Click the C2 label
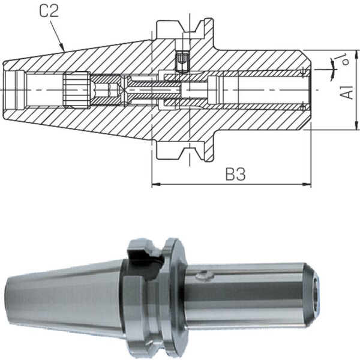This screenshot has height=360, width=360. pos(49,11)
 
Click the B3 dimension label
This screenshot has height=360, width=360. pos(235,174)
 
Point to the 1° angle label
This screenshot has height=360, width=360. pos(343,59)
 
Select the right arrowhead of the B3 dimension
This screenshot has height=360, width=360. pos(307,184)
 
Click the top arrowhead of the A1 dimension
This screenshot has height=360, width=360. pos(356,54)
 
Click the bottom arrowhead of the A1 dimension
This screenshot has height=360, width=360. pos(356,125)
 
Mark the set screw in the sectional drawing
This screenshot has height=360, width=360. pos(182,61)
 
